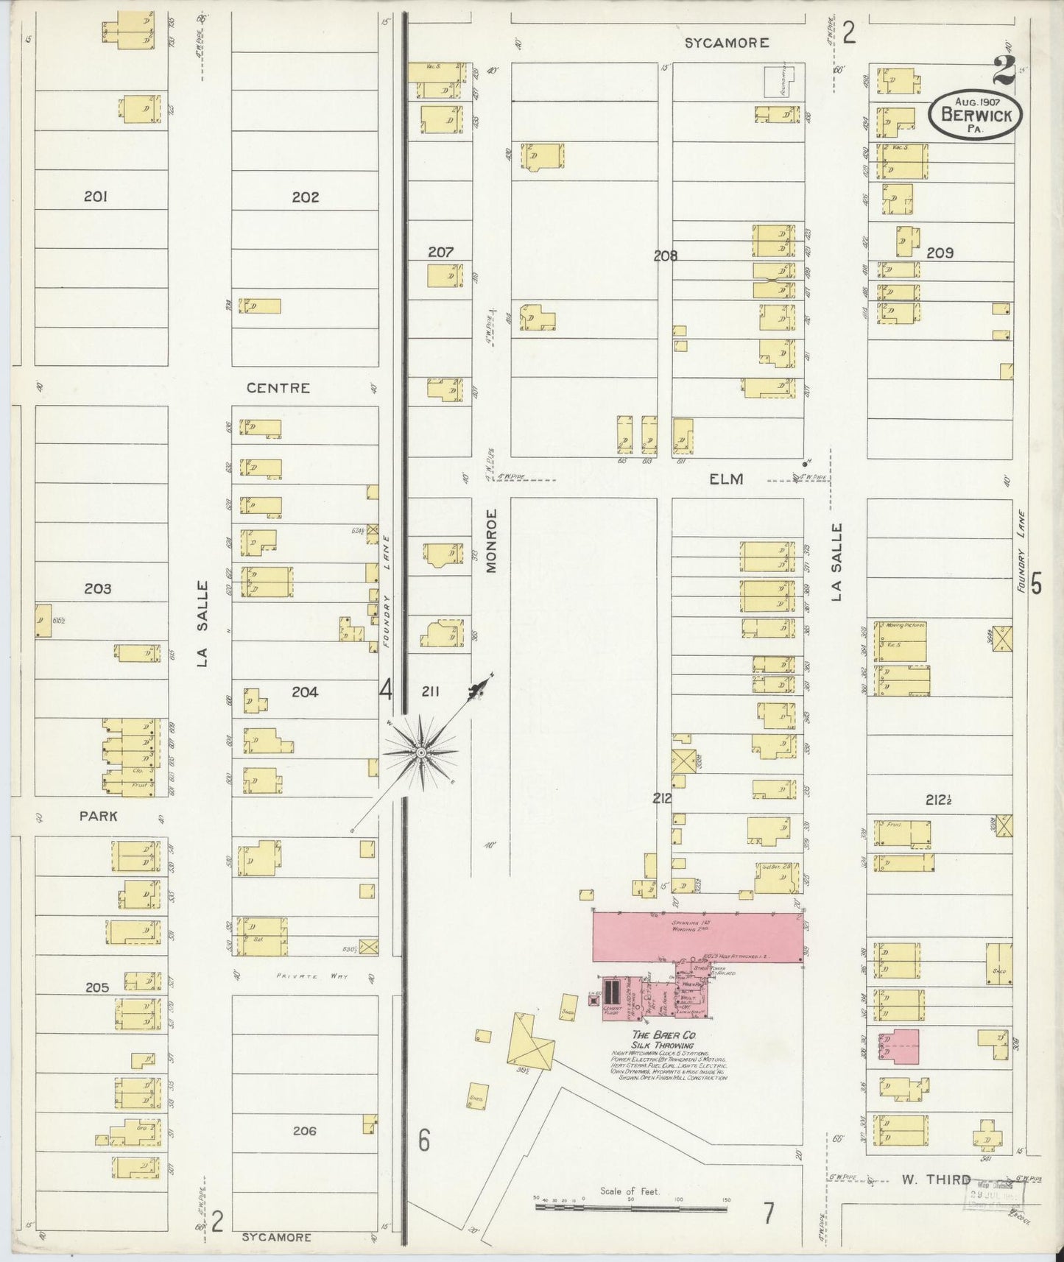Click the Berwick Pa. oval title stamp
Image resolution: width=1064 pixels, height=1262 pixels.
975,114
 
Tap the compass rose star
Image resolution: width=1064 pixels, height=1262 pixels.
420,752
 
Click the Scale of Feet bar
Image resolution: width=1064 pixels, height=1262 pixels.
631,1207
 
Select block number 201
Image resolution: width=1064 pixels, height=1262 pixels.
96,197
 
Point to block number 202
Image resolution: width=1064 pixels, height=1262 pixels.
305,197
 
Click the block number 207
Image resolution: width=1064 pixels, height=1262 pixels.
440,253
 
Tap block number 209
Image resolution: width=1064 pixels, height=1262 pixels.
940,253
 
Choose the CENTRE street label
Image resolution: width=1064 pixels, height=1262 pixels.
278,388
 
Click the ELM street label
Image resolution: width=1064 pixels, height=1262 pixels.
726,479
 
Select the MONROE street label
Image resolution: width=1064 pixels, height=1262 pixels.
492,540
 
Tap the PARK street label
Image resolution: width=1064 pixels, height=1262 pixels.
99,817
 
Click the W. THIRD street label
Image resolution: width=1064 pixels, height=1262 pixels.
936,1180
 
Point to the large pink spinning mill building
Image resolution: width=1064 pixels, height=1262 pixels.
697,937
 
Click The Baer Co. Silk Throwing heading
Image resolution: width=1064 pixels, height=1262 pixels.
664,1040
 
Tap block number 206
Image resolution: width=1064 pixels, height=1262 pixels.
304,1131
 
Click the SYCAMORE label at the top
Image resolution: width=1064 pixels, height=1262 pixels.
727,43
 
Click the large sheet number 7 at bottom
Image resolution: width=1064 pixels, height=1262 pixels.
769,1212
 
